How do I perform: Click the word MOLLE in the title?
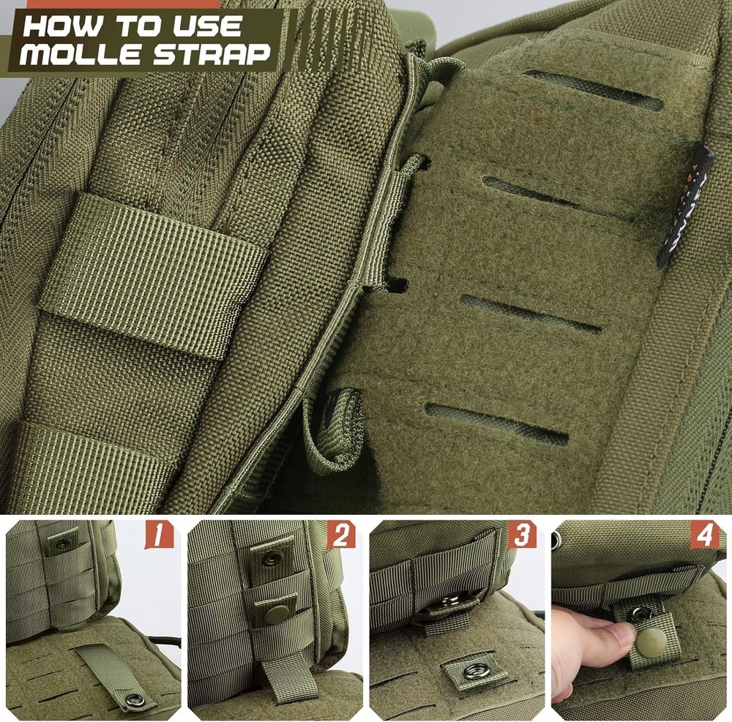[x=86, y=54]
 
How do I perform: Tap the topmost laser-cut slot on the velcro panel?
[x=593, y=90]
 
